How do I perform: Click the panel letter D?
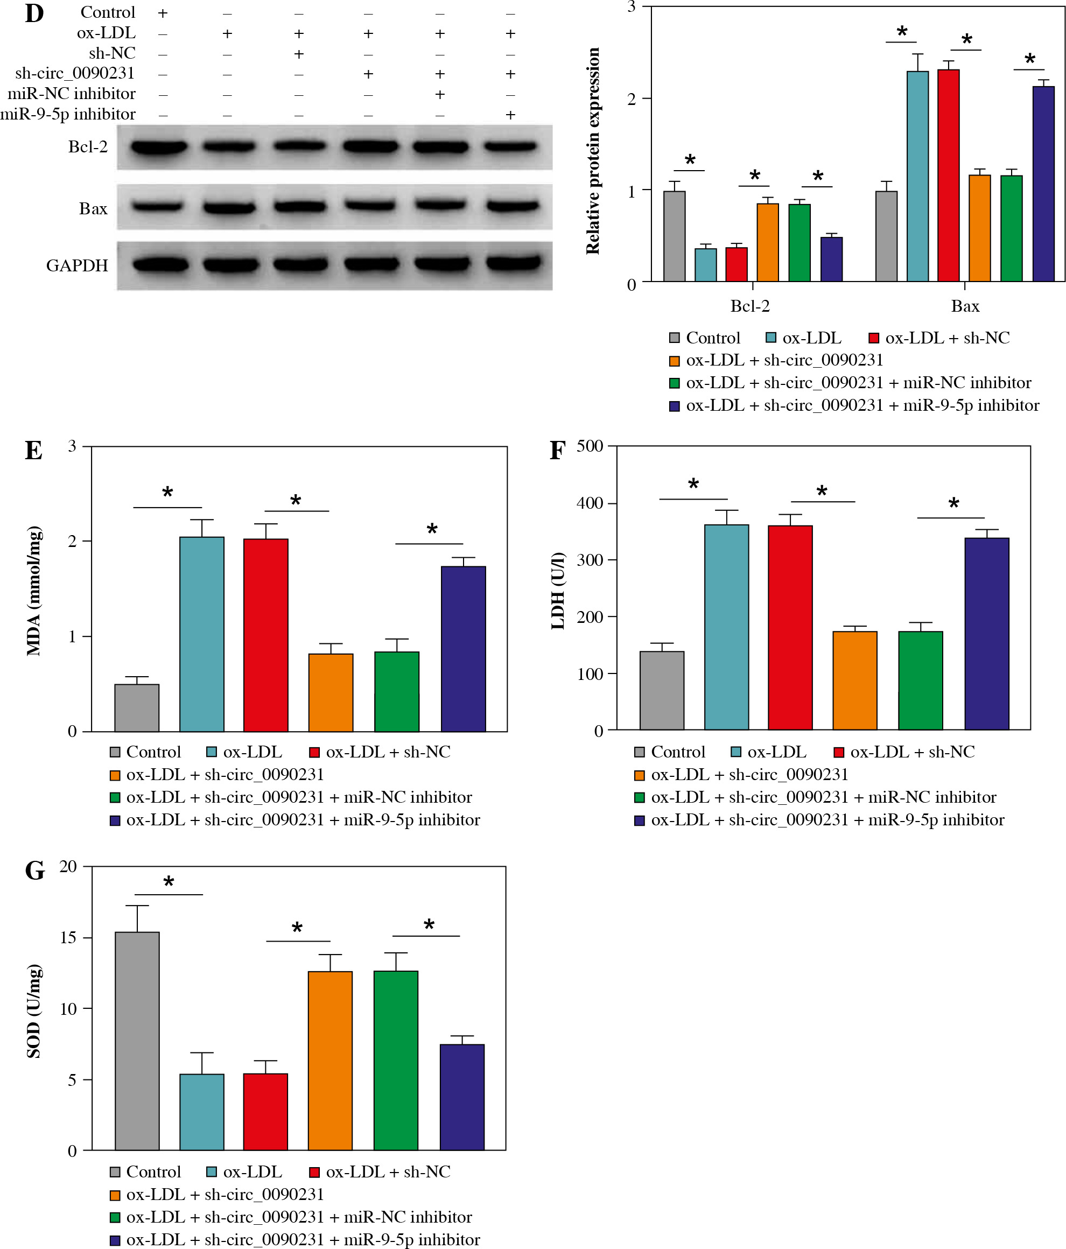coord(34,13)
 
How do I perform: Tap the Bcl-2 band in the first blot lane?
coord(159,146)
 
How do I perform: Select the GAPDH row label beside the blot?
coord(77,265)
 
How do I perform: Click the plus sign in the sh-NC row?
coord(298,54)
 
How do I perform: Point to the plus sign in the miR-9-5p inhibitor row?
coord(510,115)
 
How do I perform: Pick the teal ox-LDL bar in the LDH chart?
coord(726,627)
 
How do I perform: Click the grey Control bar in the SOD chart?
coord(137,1041)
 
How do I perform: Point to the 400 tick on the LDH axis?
coord(590,503)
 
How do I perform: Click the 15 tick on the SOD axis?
coord(68,938)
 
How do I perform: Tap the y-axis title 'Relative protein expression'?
coord(593,151)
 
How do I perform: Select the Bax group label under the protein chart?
coord(965,306)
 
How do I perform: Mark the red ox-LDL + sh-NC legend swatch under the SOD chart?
coord(314,1172)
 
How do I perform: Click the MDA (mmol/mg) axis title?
coord(34,591)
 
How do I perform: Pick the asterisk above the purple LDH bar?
coord(953,503)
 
